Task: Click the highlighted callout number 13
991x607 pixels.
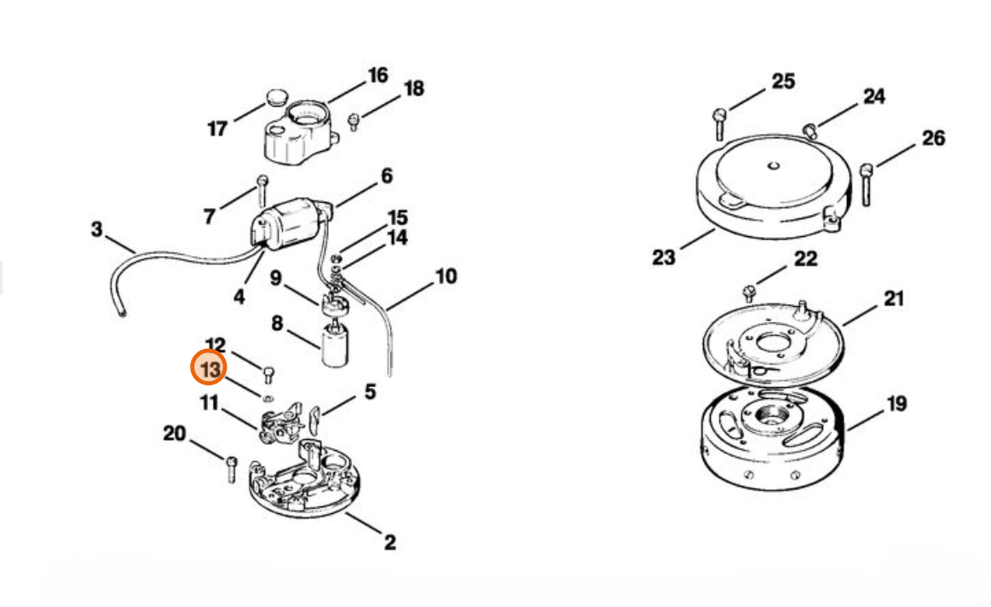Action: (x=210, y=369)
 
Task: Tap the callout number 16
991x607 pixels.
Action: (x=378, y=75)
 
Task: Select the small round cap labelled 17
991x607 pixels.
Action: (x=275, y=98)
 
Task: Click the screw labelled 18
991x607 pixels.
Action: (x=354, y=121)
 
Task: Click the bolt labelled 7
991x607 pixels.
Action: (x=262, y=190)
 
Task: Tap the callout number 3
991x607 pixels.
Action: (x=96, y=228)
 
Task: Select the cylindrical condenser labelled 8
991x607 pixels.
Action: (x=334, y=344)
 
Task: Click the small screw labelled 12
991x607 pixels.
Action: (x=268, y=374)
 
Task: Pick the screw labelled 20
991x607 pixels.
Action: (x=231, y=469)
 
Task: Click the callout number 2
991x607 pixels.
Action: (x=390, y=542)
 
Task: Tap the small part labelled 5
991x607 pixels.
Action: (x=315, y=418)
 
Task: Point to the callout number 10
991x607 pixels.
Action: (x=446, y=276)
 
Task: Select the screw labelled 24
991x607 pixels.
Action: (x=810, y=131)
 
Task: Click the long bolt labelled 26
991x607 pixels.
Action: (x=867, y=184)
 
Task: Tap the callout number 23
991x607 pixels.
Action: (x=664, y=257)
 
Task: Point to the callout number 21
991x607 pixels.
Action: (x=894, y=298)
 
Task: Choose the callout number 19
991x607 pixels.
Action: (x=896, y=403)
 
